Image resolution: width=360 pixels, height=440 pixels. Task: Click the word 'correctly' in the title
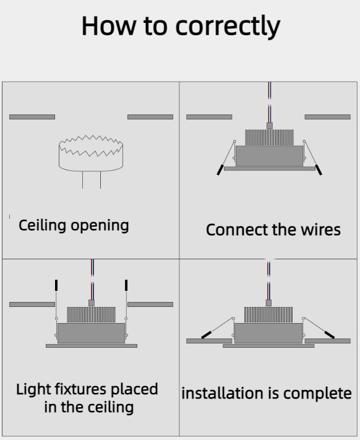(228, 27)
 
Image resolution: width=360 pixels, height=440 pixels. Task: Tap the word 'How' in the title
(109, 26)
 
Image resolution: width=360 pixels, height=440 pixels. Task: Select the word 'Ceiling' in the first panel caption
(42, 225)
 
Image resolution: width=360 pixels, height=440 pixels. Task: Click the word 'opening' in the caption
(100, 226)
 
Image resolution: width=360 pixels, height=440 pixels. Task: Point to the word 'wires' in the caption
(321, 230)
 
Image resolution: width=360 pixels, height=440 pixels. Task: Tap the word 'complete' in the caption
(317, 394)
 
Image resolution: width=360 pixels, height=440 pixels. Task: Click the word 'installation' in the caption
(230, 393)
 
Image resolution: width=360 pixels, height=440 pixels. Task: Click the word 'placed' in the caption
(135, 390)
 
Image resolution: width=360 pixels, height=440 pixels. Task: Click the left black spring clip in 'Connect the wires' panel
(220, 170)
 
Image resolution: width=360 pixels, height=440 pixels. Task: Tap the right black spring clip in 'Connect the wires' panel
(319, 170)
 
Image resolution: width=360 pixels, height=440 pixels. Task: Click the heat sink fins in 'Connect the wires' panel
(270, 137)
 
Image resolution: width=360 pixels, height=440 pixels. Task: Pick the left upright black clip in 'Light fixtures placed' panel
(56, 285)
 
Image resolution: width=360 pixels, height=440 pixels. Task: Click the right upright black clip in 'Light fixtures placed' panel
(126, 285)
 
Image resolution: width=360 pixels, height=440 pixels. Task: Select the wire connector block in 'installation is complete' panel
(268, 303)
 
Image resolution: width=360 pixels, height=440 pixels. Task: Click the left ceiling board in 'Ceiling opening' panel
(32, 117)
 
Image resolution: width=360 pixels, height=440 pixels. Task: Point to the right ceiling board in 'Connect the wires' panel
(328, 117)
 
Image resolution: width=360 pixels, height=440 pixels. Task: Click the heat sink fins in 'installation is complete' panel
(268, 314)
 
